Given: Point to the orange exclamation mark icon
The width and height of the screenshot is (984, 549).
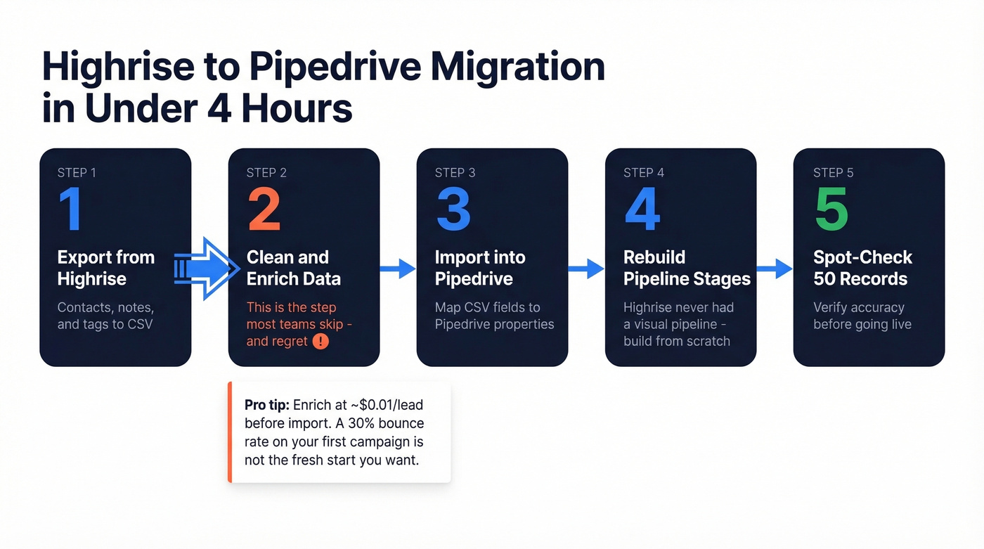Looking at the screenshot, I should click(321, 342).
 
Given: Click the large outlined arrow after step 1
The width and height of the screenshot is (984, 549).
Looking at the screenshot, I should click(208, 269).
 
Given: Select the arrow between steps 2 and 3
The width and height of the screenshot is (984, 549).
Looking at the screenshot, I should click(398, 269).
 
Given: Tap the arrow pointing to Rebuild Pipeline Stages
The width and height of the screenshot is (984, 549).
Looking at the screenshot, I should click(586, 269).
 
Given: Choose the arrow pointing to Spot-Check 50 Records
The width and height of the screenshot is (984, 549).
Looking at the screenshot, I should click(775, 269).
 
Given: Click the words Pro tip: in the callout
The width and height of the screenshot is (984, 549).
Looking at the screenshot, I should click(266, 405).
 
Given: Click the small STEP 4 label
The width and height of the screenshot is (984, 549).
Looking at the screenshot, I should click(643, 173).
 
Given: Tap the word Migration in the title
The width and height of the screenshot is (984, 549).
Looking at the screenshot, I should click(518, 67).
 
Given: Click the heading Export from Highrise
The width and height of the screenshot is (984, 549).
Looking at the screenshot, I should click(105, 268).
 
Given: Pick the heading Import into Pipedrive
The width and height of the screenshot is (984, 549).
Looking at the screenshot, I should click(480, 268).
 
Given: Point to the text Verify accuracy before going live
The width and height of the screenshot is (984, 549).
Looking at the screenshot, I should click(862, 316).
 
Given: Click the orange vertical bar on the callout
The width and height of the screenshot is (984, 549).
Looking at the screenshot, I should click(230, 432).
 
